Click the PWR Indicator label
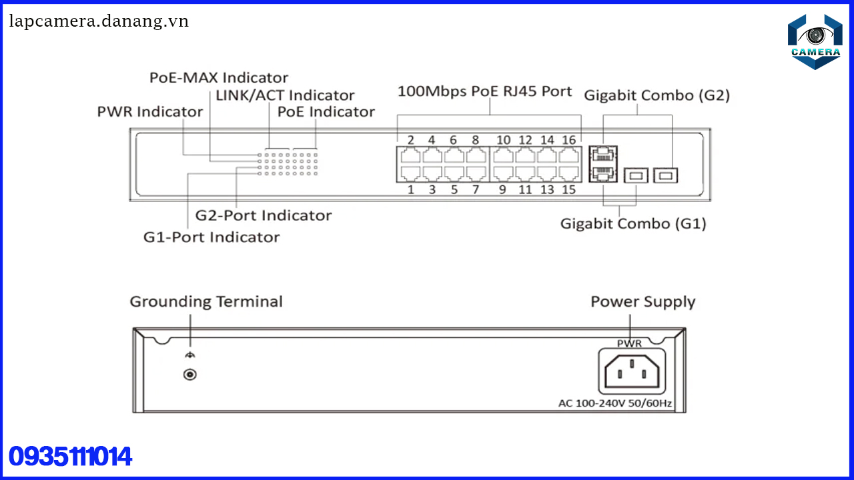pyautogui.click(x=149, y=111)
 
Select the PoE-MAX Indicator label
pyautogui.click(x=219, y=77)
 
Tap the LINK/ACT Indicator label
pyautogui.click(x=285, y=95)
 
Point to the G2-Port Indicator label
pyautogui.click(x=263, y=215)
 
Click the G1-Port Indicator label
pyautogui.click(x=211, y=237)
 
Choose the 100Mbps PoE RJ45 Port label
pyautogui.click(x=484, y=91)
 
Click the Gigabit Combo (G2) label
pyautogui.click(x=657, y=95)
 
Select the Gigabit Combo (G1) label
pyautogui.click(x=632, y=223)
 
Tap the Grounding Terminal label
pyautogui.click(x=205, y=301)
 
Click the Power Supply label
pyautogui.click(x=643, y=302)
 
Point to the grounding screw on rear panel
pyautogui.click(x=189, y=375)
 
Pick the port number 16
pyautogui.click(x=568, y=140)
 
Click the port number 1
pyautogui.click(x=411, y=190)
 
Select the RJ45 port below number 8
pyautogui.click(x=476, y=156)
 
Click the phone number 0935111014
pyautogui.click(x=70, y=457)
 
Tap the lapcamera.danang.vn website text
pyautogui.click(x=99, y=21)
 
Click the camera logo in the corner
pyautogui.click(x=815, y=41)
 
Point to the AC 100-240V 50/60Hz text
pyautogui.click(x=614, y=403)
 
